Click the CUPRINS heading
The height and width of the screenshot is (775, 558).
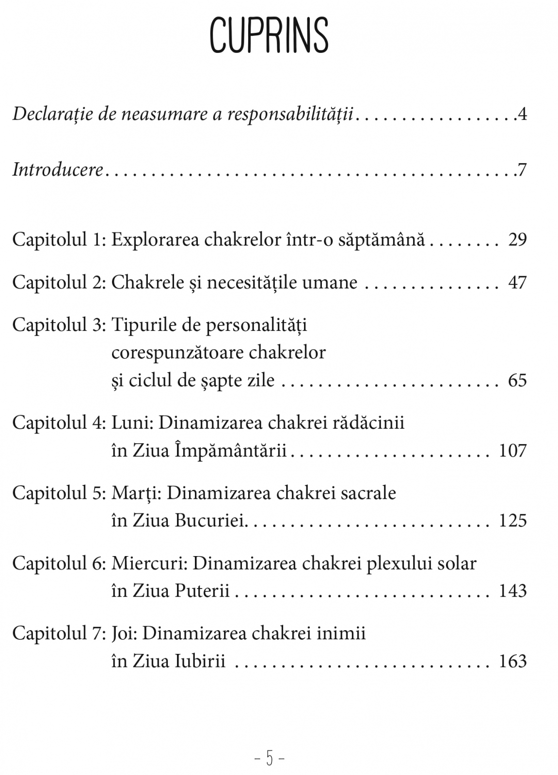click(270, 35)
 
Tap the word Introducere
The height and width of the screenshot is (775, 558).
click(58, 170)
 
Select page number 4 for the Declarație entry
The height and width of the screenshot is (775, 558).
click(522, 115)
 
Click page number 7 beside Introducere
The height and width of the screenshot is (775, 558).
click(522, 170)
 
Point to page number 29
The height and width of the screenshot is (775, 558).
click(517, 240)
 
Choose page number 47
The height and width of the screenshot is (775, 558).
click(517, 282)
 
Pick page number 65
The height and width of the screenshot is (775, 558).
click(517, 380)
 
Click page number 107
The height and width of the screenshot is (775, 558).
click(513, 451)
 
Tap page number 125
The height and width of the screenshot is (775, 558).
click(513, 521)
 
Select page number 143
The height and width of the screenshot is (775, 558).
click(513, 591)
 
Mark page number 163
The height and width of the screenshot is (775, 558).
click(513, 661)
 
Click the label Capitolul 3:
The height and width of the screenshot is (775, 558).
click(59, 325)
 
